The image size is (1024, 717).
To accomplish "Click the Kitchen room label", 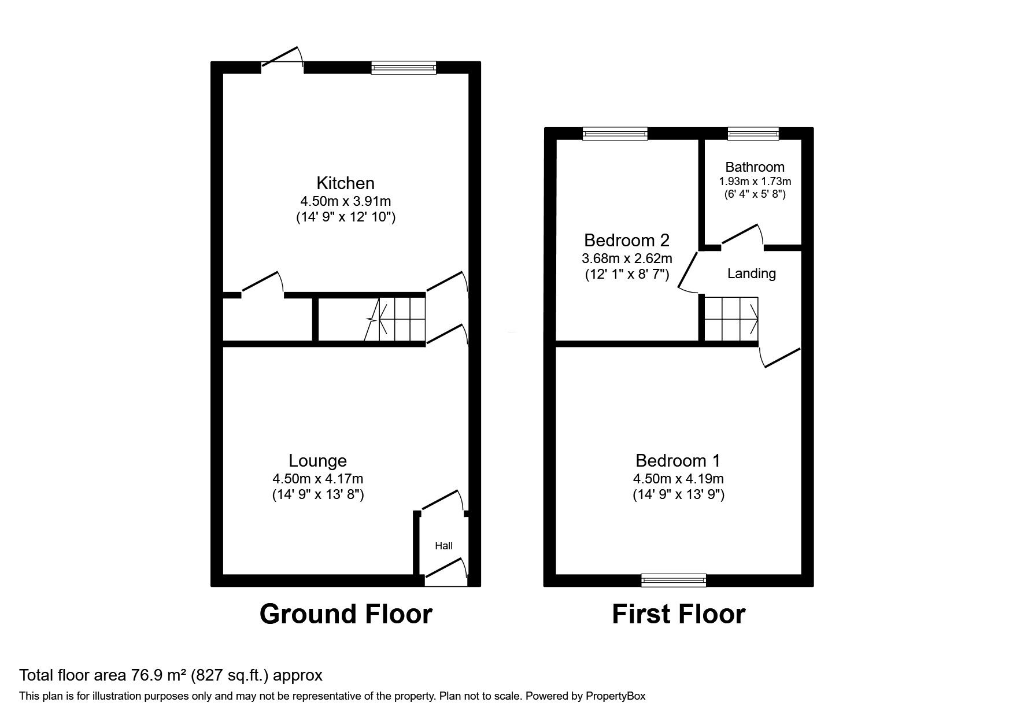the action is click(345, 183).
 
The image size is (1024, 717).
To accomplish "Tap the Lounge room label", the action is click(317, 461).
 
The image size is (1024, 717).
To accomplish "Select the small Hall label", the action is click(444, 546).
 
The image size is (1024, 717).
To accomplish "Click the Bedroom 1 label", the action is click(678, 461).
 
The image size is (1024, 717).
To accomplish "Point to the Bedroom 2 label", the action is click(627, 240).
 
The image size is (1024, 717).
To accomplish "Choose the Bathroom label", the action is click(755, 167).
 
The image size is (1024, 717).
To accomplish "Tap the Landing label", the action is click(752, 274).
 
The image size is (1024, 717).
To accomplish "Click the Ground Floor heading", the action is click(346, 614).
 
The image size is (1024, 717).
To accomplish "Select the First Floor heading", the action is click(679, 614).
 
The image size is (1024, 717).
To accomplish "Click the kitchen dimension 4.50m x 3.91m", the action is click(345, 202).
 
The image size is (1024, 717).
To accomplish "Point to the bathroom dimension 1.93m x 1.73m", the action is click(755, 182).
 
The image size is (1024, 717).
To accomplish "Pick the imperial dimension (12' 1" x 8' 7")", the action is click(627, 274).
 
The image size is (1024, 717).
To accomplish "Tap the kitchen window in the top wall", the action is click(404, 68).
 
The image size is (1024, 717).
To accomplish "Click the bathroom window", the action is click(753, 134).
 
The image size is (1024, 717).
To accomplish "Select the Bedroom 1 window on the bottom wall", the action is click(674, 580).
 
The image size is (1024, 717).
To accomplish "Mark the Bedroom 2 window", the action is click(615, 134).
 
